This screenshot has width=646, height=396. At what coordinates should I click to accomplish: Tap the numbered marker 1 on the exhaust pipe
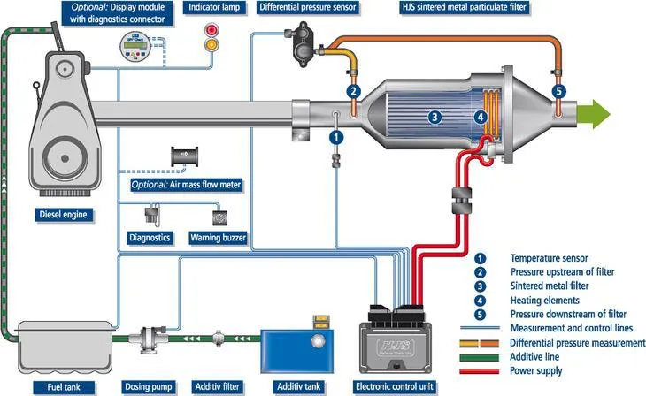point(335,137)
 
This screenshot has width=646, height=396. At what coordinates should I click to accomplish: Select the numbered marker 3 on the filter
point(435,116)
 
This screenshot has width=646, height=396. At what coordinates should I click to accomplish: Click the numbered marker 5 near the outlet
point(558,90)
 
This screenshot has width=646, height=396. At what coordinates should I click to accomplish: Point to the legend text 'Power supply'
point(536,370)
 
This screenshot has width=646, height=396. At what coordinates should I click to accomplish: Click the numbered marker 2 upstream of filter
point(353,91)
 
